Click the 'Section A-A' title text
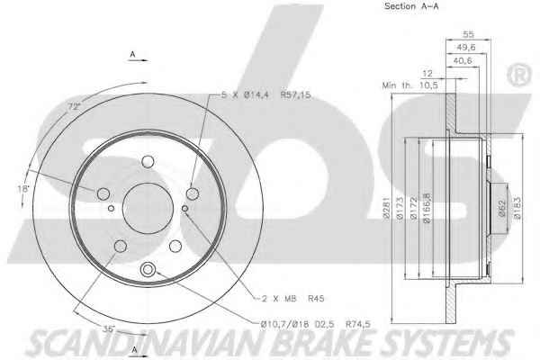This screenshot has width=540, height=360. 411,6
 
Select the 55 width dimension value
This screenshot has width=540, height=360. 468,34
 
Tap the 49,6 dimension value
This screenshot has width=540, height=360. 466,47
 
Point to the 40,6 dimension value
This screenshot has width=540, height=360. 463,60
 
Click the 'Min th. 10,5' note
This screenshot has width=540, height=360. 409,85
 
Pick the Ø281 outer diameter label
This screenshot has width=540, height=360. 386,208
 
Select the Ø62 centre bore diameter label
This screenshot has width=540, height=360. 502,208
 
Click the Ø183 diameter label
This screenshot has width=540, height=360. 517,208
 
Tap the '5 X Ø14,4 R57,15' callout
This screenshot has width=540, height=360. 265,94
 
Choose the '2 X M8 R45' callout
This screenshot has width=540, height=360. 293,298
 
